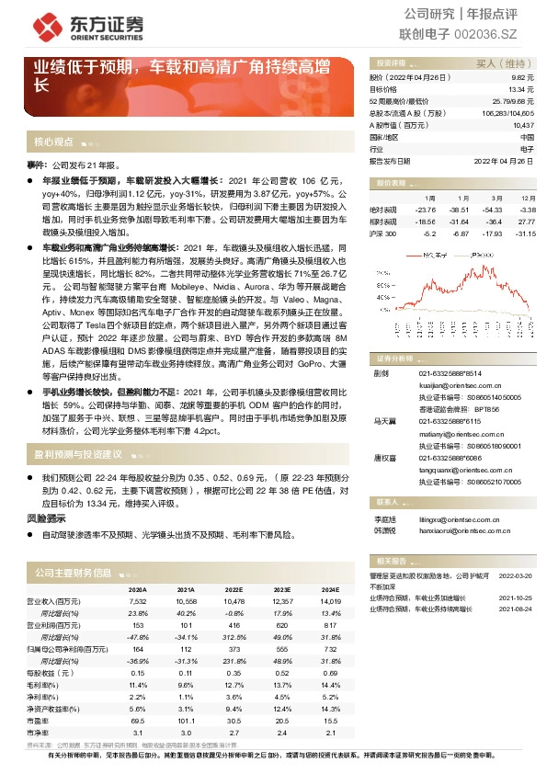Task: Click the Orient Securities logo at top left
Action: [69, 25]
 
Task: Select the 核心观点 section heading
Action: [53, 142]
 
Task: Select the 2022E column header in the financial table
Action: [234, 589]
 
